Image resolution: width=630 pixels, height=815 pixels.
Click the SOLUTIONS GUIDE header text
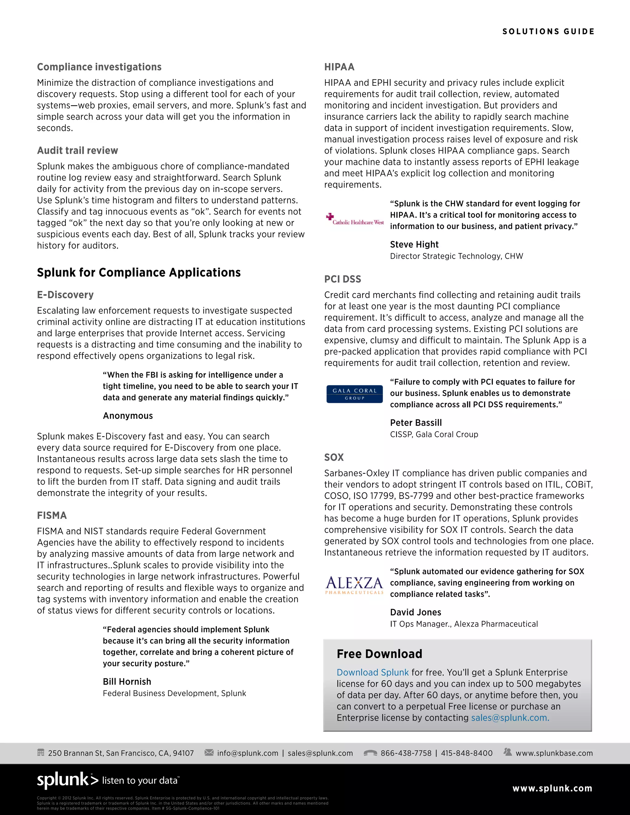point(548,31)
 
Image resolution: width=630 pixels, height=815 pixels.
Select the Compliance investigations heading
point(99,67)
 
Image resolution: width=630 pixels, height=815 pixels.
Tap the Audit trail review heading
point(78,150)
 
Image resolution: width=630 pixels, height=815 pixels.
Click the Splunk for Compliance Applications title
point(139,272)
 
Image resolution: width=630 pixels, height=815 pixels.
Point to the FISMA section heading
point(52,515)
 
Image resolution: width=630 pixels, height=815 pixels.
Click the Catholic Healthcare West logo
point(355,219)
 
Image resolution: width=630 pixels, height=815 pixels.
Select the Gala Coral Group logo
point(355,394)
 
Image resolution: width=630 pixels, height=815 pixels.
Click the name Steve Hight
point(414,244)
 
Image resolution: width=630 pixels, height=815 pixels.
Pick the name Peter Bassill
point(416,423)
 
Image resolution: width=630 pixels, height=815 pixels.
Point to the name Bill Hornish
point(127,682)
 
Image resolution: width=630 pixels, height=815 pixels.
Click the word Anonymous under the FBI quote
point(128,416)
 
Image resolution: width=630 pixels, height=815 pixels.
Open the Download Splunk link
point(373,672)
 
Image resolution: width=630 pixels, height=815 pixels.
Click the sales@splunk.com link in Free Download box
point(510,718)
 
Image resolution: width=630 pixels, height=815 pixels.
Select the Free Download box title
point(379,654)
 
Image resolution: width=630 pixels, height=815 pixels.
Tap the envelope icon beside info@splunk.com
point(209,752)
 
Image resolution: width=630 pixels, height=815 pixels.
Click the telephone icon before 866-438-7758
point(370,753)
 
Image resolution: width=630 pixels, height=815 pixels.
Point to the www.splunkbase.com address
point(554,753)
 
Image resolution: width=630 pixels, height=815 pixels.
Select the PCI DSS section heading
point(343,279)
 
